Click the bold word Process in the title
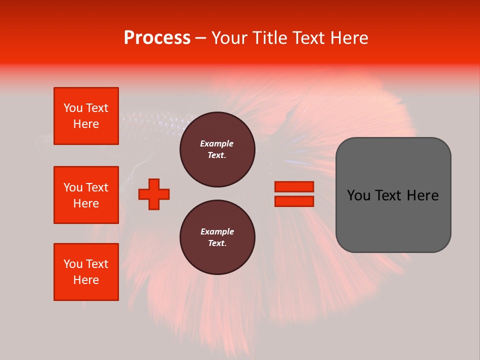157,38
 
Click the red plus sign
154,194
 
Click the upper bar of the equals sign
294,186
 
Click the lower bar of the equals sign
294,201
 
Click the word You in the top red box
73,108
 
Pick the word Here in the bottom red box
86,280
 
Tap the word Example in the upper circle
217,143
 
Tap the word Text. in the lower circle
217,243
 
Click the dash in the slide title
201,38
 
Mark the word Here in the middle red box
86,203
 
